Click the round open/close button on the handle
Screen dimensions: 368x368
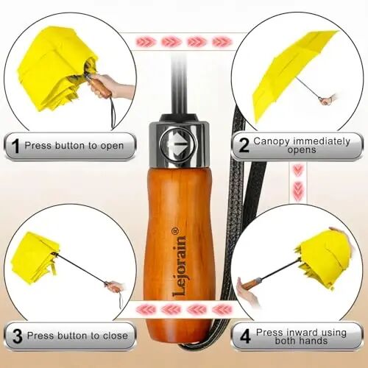click(178, 145)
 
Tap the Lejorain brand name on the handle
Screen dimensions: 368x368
click(180, 266)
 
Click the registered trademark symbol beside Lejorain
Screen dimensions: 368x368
click(175, 231)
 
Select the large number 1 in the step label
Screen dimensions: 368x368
click(16, 146)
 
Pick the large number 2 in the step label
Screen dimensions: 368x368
click(244, 145)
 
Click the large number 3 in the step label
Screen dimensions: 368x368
click(17, 336)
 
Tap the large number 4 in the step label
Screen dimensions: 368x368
click(245, 336)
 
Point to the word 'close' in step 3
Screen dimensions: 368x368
click(116, 336)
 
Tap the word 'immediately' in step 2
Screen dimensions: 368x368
click(322, 141)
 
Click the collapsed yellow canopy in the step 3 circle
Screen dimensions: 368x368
click(35, 258)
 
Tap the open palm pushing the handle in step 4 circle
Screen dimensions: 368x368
click(248, 293)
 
